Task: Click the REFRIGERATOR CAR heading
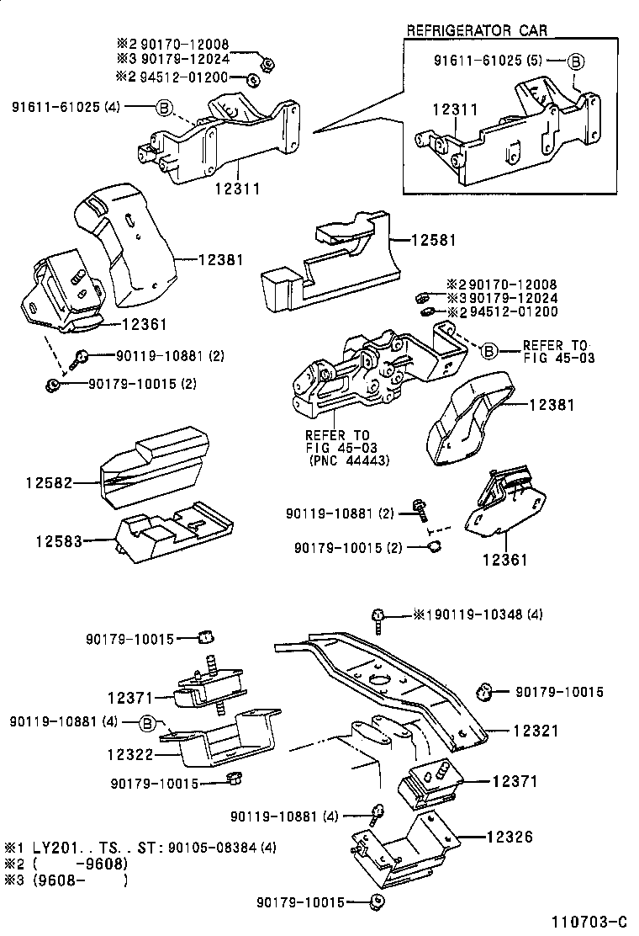[477, 30]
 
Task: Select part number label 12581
[433, 240]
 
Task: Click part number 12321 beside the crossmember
[535, 731]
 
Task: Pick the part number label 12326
[510, 838]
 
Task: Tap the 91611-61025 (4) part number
[66, 107]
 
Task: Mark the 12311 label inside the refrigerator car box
[455, 110]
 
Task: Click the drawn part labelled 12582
[154, 471]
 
